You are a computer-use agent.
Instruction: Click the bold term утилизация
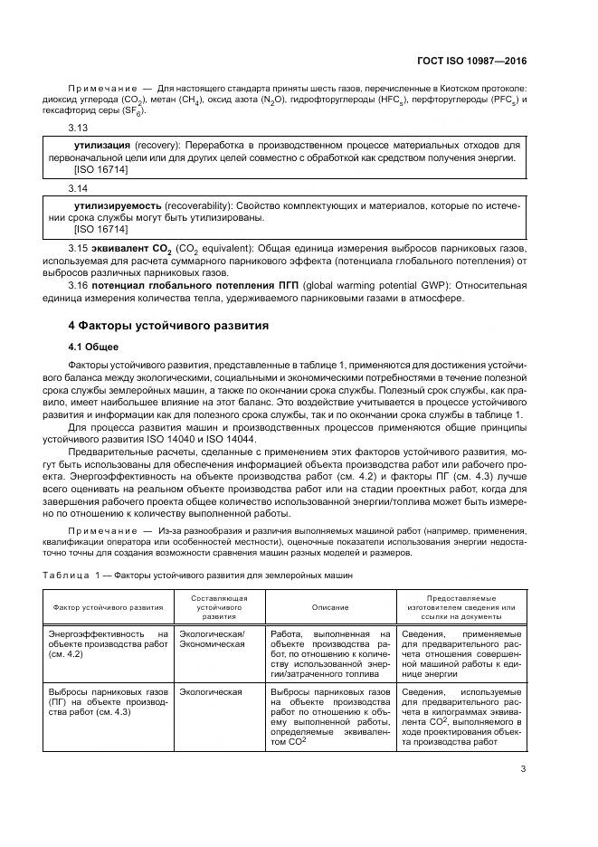click(102, 145)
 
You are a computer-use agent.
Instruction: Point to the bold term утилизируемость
click(117, 205)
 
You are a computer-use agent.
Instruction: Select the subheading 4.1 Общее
click(94, 346)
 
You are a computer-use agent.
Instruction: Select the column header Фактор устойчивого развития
click(109, 608)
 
